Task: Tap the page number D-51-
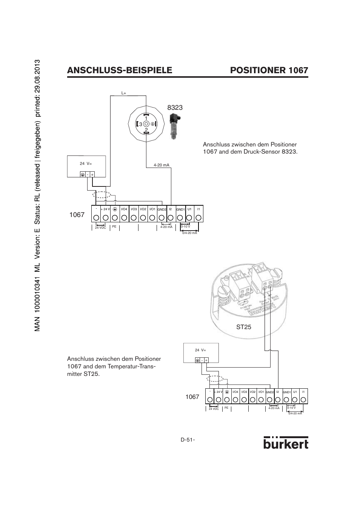coord(188,440)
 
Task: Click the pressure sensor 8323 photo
coord(174,126)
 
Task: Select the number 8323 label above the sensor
coord(175,108)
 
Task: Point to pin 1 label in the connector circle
coord(146,119)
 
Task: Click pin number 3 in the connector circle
coord(140,124)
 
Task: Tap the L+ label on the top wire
coord(123,93)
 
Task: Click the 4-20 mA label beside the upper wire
coord(162,165)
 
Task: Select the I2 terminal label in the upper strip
coord(170,209)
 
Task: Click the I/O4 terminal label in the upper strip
coord(124,209)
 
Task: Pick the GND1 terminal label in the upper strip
coord(180,209)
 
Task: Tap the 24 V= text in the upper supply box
coord(86,163)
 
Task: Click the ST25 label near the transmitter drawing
coord(244,327)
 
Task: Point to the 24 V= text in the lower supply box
coord(200,350)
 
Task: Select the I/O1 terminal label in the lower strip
coord(261,392)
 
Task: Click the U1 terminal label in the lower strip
coord(295,392)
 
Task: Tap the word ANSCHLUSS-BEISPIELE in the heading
coord(120,70)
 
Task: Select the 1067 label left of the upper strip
coord(77,215)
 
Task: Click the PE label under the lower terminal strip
coord(226,408)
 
